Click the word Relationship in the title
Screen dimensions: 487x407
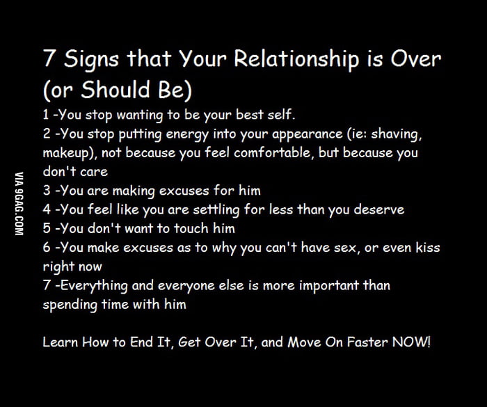pos(297,59)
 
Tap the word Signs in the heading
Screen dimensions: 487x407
pos(91,60)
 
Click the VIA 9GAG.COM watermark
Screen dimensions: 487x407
pos(19,203)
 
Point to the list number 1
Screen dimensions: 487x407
pos(46,115)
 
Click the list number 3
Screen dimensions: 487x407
pos(47,191)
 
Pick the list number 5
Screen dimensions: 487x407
pos(47,228)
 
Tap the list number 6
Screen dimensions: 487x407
pos(47,247)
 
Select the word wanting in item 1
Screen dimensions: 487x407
pos(140,115)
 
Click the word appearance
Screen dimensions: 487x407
pos(308,135)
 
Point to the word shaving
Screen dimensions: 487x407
pos(397,134)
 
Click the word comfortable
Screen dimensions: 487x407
pos(273,153)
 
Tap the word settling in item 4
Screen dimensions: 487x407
pos(216,210)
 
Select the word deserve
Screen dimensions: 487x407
pos(379,209)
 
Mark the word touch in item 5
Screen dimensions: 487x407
pos(191,229)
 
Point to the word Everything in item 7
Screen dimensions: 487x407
pos(94,286)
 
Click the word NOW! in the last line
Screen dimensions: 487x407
pos(412,342)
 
